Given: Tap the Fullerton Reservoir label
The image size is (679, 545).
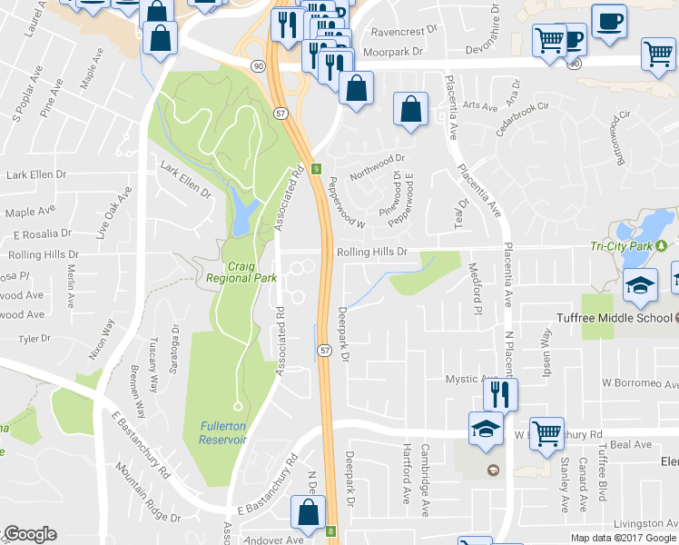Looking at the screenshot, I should (x=222, y=433).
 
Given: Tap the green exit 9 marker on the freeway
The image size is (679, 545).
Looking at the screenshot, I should (x=316, y=169).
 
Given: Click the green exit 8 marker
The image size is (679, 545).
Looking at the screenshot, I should (x=331, y=531).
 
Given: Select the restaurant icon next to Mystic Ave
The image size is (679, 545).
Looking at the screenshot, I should (x=499, y=393).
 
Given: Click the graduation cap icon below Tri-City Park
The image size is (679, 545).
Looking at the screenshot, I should (x=641, y=284).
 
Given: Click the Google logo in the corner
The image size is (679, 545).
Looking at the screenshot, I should (x=29, y=534).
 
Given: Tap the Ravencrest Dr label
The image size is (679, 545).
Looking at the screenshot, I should (x=392, y=31).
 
